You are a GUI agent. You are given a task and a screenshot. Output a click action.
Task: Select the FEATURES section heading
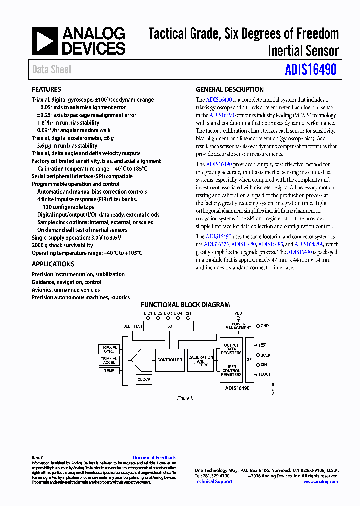[x=46, y=89]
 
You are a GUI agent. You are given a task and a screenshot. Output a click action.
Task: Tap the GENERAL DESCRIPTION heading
[x=230, y=89]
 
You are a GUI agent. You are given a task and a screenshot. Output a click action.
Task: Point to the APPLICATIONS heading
[x=53, y=264]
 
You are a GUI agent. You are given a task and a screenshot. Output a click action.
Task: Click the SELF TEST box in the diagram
[x=133, y=326]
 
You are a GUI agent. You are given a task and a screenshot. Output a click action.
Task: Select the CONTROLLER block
[x=170, y=360]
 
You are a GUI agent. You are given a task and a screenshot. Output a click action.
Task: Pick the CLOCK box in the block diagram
[x=144, y=379]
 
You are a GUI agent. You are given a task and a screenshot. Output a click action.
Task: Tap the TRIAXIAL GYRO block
[x=109, y=349]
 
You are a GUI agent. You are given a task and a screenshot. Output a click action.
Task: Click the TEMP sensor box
[x=109, y=371]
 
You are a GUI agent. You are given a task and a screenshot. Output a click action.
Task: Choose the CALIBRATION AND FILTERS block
[x=201, y=361]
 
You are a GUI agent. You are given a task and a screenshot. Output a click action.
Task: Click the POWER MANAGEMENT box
[x=238, y=326]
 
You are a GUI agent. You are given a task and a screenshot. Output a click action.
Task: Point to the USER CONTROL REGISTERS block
[x=231, y=371]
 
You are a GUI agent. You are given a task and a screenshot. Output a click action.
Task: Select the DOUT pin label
[x=266, y=374]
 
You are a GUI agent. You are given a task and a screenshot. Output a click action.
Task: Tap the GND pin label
[x=265, y=326]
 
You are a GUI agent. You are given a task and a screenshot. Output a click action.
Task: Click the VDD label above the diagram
[x=238, y=313]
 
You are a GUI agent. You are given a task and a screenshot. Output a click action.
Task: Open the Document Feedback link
[x=154, y=458]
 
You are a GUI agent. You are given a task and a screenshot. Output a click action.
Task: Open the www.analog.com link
[x=320, y=482]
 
